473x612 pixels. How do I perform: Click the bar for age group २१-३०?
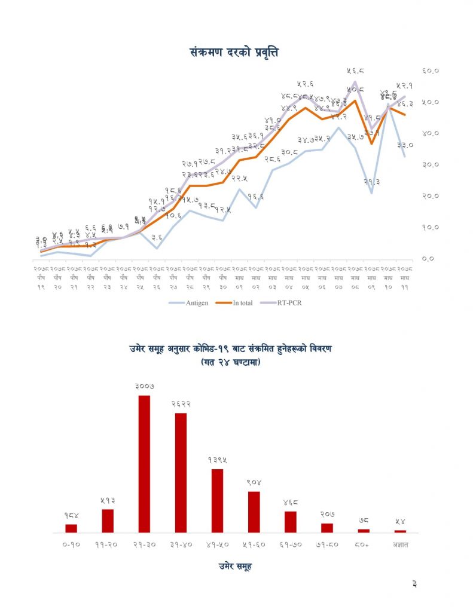click(x=144, y=463)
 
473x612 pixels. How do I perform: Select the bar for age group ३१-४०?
click(x=181, y=472)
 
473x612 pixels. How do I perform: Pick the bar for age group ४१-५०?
click(x=217, y=500)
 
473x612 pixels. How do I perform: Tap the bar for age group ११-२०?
click(x=108, y=520)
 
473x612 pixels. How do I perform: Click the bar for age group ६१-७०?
click(x=291, y=521)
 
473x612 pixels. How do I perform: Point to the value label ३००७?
click(x=144, y=387)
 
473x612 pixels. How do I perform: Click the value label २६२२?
click(x=181, y=404)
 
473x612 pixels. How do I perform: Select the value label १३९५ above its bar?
click(x=217, y=460)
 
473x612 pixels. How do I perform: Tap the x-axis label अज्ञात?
click(x=400, y=544)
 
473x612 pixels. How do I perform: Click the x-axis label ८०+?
click(x=364, y=544)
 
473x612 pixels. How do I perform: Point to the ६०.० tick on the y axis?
click(x=431, y=71)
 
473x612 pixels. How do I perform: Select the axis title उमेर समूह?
click(x=235, y=566)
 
